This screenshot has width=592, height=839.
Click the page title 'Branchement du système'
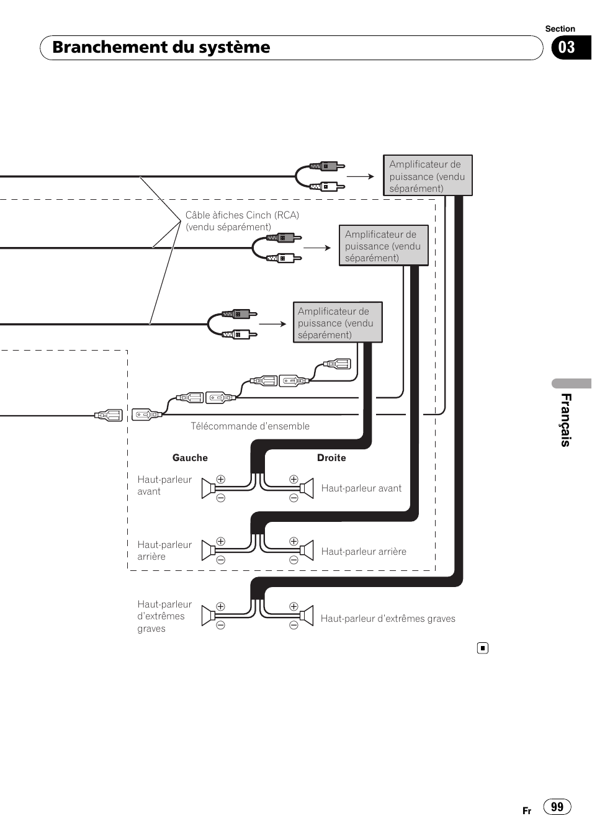[x=161, y=47]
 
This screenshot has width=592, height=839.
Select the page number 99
[x=557, y=806]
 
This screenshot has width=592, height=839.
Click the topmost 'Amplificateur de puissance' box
[x=428, y=176]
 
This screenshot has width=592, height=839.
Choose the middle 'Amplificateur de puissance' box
[x=383, y=246]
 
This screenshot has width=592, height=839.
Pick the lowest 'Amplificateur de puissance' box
[x=337, y=323]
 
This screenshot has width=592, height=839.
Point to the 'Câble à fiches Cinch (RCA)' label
[x=242, y=221]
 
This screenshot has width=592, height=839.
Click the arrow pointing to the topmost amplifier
[x=361, y=176]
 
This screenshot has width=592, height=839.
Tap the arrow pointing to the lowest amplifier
[x=272, y=324]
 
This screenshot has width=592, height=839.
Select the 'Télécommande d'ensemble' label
[x=249, y=426]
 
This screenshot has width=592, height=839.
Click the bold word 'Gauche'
[x=190, y=458]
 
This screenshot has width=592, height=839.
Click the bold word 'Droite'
[x=331, y=458]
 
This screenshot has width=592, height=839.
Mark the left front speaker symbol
[x=209, y=488]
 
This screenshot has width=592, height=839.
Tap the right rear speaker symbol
[x=307, y=550]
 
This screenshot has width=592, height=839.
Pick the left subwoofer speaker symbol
[x=209, y=616]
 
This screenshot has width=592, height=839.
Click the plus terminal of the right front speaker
[x=294, y=479]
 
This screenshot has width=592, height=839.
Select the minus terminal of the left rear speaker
[x=220, y=560]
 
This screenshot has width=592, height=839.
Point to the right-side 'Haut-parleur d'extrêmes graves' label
[x=388, y=619]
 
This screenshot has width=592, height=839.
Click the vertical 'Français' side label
[x=565, y=419]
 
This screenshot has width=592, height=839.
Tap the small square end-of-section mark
[x=483, y=648]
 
